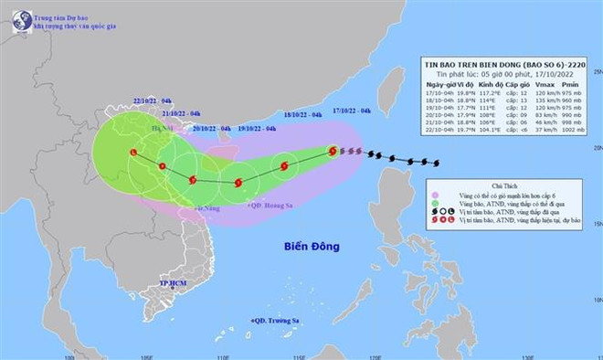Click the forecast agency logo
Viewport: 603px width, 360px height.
(19, 20)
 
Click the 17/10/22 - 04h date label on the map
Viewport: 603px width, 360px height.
(353, 111)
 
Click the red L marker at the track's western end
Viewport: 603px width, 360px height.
(134, 152)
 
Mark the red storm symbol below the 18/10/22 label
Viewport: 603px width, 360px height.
(285, 167)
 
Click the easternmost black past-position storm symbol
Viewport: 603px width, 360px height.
(437, 164)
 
